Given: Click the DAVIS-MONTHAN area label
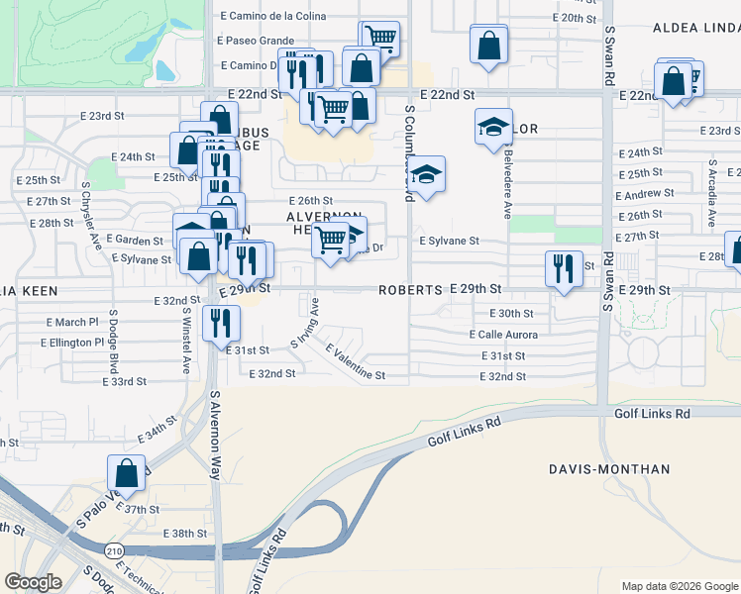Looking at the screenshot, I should (x=610, y=469).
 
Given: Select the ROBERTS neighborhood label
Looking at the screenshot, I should (x=409, y=290).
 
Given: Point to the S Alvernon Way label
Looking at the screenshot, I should (x=215, y=435).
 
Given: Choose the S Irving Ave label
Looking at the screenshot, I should (x=304, y=324).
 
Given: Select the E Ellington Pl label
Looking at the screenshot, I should (x=71, y=343).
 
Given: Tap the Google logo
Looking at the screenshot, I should (x=33, y=582).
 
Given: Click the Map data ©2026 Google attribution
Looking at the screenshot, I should (x=679, y=586).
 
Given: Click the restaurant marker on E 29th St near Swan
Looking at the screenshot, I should (x=563, y=268).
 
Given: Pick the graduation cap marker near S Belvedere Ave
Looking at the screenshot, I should (x=492, y=127).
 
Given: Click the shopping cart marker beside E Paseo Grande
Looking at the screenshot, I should (x=379, y=39).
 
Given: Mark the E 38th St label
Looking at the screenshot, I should (x=183, y=533).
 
